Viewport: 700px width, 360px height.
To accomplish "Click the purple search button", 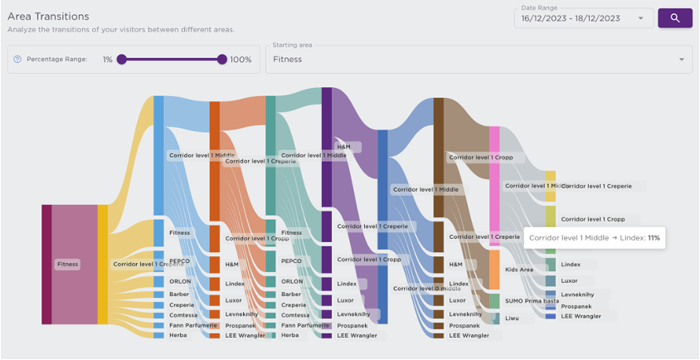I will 675,17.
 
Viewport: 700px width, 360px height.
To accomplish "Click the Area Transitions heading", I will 48,17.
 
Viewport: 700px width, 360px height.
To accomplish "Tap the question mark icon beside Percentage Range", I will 17,60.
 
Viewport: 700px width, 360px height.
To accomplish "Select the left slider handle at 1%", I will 121,60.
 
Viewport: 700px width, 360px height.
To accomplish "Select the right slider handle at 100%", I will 221,60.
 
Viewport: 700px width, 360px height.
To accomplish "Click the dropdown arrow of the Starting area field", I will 681,60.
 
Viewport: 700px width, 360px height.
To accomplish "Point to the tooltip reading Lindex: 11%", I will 594,238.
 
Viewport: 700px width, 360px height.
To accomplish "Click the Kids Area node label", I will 520,270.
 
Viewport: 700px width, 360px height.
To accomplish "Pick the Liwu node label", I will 513,318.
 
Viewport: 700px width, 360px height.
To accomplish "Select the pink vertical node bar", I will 493,187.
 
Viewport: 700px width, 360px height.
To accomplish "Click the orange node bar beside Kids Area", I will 493,270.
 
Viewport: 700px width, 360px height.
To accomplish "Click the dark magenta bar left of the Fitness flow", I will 46,264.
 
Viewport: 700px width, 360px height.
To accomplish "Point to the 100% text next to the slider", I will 241,60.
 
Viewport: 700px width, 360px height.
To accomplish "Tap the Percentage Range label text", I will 56,60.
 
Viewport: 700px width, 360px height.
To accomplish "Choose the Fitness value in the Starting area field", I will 288,60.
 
